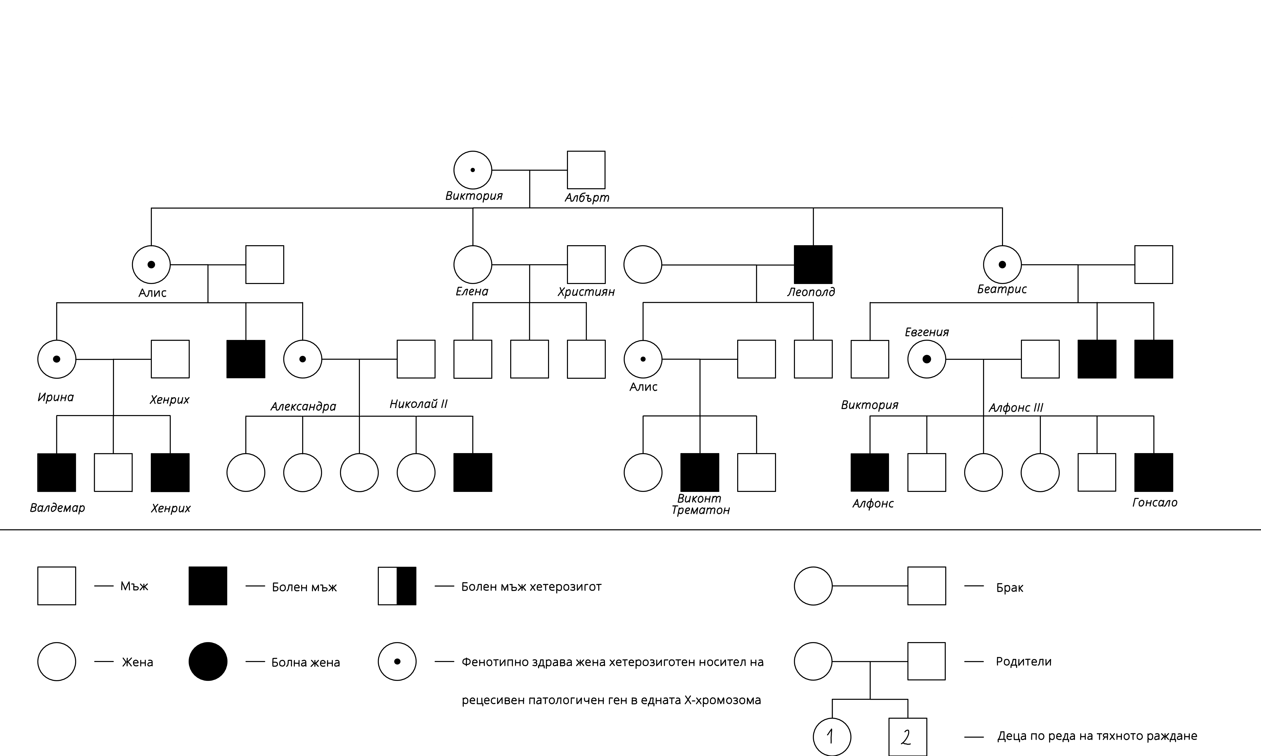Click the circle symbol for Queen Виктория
click(472, 170)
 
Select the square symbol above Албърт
click(586, 170)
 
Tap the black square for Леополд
click(813, 264)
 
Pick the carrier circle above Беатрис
click(1002, 264)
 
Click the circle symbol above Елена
click(472, 264)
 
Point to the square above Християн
click(586, 264)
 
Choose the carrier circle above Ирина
click(56, 359)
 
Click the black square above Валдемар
click(56, 472)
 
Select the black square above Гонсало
click(1154, 472)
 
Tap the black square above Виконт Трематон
click(700, 472)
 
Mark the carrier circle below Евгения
click(927, 359)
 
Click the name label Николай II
click(418, 404)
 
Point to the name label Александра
click(303, 406)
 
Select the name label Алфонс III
click(1016, 407)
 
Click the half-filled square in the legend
click(397, 586)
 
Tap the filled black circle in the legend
click(208, 661)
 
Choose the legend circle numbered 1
click(832, 737)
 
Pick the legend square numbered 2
click(907, 737)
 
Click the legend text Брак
click(1010, 587)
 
